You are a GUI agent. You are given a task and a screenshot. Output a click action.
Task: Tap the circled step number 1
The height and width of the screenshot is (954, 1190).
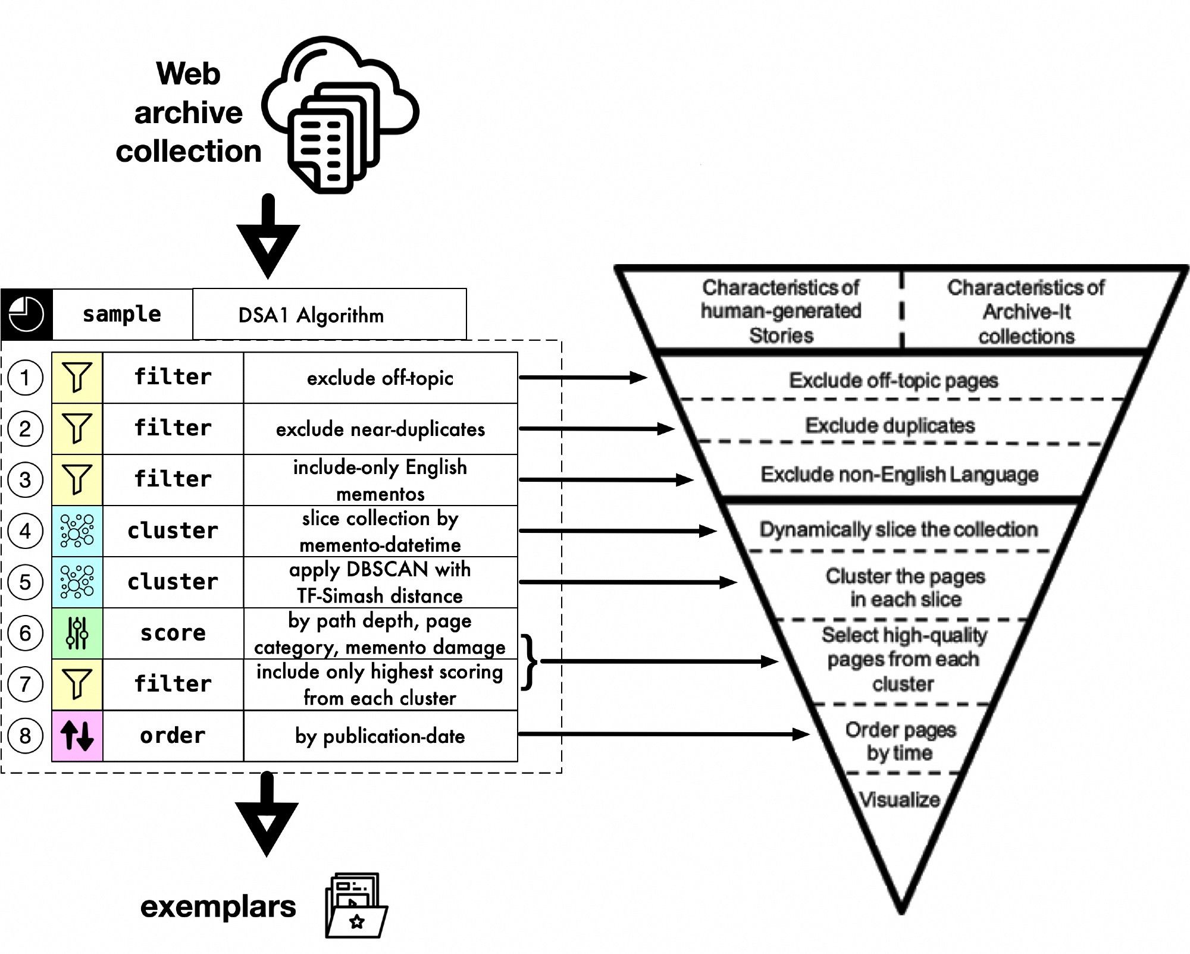click(25, 378)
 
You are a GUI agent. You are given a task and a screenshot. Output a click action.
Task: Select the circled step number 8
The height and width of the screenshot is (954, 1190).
click(25, 736)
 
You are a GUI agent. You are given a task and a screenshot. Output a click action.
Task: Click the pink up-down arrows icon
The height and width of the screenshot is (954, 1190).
click(77, 736)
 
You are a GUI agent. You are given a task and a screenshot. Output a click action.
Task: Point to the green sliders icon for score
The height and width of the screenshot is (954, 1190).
click(77, 633)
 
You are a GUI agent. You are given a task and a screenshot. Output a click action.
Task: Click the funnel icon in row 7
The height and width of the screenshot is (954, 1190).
click(77, 684)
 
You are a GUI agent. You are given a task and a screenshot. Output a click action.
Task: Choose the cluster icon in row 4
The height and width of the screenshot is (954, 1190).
click(77, 531)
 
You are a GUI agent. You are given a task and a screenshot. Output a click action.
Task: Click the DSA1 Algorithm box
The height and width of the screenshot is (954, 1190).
click(329, 315)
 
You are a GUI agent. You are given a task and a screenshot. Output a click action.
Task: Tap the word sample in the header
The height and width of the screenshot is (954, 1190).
click(122, 314)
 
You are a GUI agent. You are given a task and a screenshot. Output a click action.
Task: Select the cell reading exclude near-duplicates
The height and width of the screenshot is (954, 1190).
click(380, 429)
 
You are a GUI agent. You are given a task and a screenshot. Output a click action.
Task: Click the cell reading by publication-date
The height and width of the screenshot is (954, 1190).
click(380, 736)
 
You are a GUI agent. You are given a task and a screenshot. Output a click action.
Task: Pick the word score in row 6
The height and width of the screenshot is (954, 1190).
click(173, 633)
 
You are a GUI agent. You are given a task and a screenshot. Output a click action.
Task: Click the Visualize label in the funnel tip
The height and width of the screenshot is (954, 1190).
click(899, 800)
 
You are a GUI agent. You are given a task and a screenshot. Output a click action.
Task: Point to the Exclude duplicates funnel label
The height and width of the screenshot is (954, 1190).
click(890, 425)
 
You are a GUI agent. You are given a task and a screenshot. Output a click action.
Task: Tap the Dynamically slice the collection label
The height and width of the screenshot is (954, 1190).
click(898, 529)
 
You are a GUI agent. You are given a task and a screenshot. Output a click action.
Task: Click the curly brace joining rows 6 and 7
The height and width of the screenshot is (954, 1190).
click(529, 662)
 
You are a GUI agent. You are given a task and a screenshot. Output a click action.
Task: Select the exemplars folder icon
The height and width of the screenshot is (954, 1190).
click(356, 906)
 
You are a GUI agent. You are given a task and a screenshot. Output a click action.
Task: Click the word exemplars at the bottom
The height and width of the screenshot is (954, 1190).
click(218, 906)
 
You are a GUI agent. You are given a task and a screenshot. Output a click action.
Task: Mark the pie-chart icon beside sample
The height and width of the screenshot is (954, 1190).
click(27, 314)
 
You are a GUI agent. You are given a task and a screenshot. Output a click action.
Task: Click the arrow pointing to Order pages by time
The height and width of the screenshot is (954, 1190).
click(663, 735)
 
